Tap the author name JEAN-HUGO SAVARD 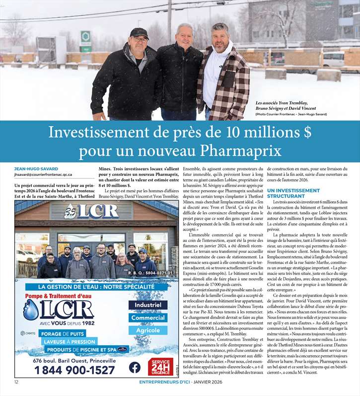[x=36, y=169]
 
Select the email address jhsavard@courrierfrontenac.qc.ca [x=43, y=175]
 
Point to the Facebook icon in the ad [x=135, y=368]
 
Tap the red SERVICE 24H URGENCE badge [x=160, y=367]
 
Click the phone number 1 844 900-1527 [x=74, y=370]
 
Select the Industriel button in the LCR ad [x=148, y=305]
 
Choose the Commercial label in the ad [x=148, y=317]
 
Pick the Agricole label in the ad [x=148, y=330]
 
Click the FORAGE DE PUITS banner [x=62, y=334]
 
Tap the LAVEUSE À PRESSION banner [x=69, y=342]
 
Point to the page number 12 [x=16, y=382]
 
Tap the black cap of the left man [x=139, y=33]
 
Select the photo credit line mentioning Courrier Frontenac [x=291, y=114]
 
